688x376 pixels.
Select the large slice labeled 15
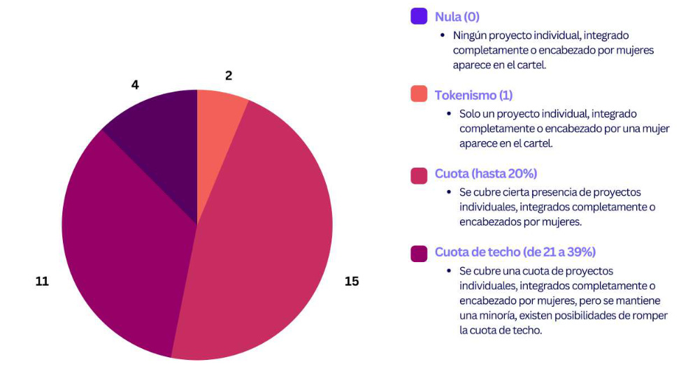[x=266, y=238]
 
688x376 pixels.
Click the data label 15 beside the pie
[x=351, y=281]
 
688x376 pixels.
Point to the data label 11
[x=42, y=281]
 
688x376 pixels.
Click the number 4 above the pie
[x=135, y=85]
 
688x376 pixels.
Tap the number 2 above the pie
[x=229, y=75]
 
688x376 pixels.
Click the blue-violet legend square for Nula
[x=419, y=16]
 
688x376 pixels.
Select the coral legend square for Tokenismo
[x=419, y=94]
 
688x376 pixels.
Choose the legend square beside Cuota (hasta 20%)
[x=419, y=173]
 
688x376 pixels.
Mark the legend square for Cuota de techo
[x=419, y=252]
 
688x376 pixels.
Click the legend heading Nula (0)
[x=457, y=17]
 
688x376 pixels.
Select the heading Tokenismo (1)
[x=474, y=95]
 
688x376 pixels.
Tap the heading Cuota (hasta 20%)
[x=486, y=173]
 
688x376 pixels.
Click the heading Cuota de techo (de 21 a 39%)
[x=515, y=252]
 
